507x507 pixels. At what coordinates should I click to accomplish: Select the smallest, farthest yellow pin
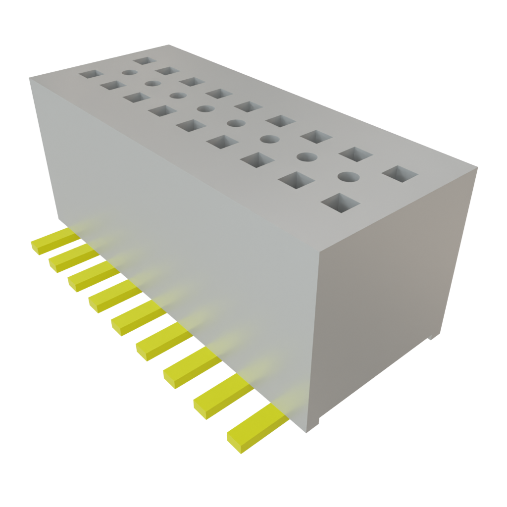point(54,240)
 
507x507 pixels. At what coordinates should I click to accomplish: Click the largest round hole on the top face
point(349,176)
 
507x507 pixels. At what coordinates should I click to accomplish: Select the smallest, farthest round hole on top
point(129,72)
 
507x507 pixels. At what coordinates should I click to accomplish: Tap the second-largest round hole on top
point(307,157)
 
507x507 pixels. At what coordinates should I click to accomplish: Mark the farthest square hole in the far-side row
point(145,61)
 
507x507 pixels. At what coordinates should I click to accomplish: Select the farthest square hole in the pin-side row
point(91,75)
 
